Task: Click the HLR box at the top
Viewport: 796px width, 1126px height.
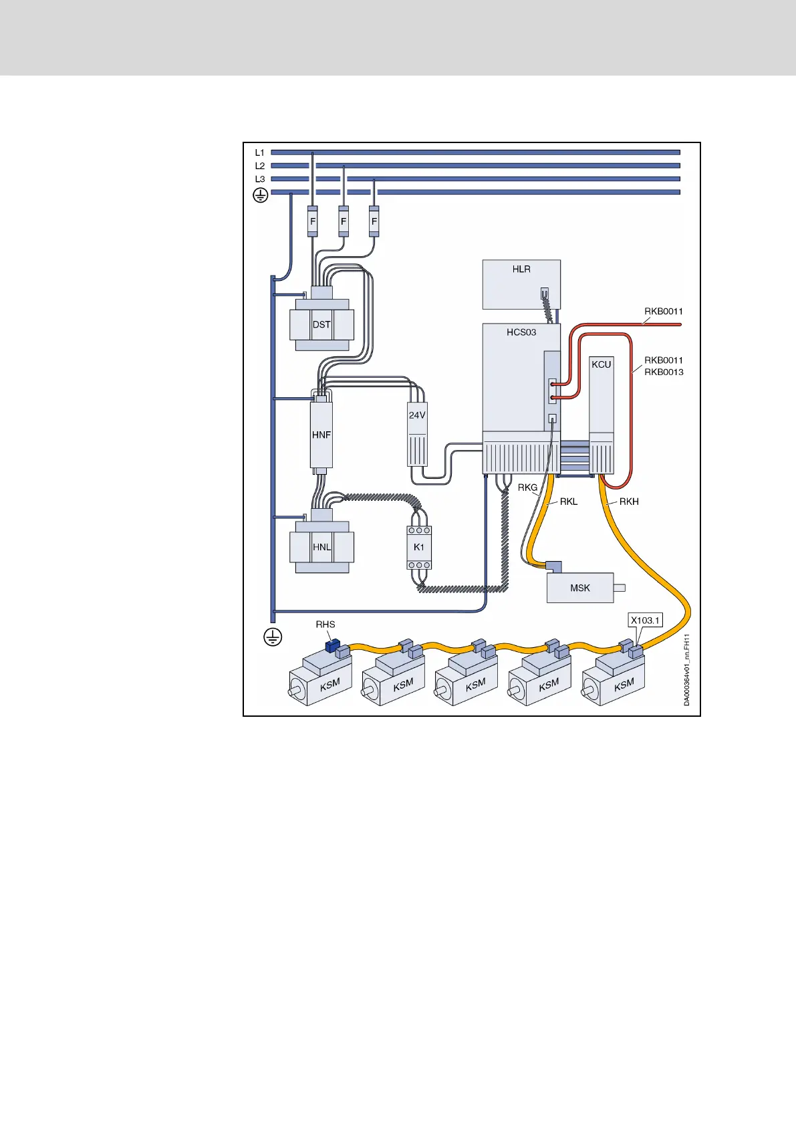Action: [521, 284]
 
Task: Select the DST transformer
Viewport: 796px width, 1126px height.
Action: [321, 325]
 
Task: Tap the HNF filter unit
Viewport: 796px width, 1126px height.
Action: [321, 435]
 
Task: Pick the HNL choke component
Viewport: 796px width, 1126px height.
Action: [321, 547]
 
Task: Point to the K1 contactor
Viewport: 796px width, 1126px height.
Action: [419, 547]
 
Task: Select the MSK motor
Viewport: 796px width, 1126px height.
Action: [579, 588]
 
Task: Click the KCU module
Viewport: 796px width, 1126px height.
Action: [601, 415]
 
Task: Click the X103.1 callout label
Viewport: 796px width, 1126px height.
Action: [645, 621]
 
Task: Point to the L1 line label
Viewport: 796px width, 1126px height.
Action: [260, 152]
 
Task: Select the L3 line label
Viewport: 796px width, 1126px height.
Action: [260, 179]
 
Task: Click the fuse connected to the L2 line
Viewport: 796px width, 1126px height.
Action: [344, 221]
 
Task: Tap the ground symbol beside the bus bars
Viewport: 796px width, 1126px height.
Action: [260, 195]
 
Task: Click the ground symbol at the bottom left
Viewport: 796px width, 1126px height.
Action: [273, 637]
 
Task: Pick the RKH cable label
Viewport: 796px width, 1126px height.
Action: [629, 501]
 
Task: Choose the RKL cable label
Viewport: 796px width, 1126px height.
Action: [568, 501]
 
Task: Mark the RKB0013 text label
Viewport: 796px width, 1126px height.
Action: [664, 372]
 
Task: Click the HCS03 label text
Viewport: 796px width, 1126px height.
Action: [521, 332]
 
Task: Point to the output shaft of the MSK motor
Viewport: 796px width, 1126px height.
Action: [620, 588]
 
